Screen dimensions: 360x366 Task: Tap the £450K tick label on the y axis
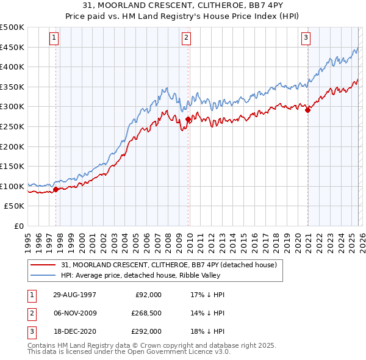(12, 47)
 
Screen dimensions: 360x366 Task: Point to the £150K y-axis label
(12, 166)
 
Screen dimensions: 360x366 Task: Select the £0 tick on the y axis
(18, 226)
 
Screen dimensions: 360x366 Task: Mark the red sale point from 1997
(56, 189)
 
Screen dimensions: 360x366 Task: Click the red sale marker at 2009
(188, 120)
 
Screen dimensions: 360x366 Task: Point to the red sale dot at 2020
(308, 110)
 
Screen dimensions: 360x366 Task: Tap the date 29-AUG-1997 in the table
(74, 295)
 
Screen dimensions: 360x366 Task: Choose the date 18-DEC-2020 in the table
(74, 331)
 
